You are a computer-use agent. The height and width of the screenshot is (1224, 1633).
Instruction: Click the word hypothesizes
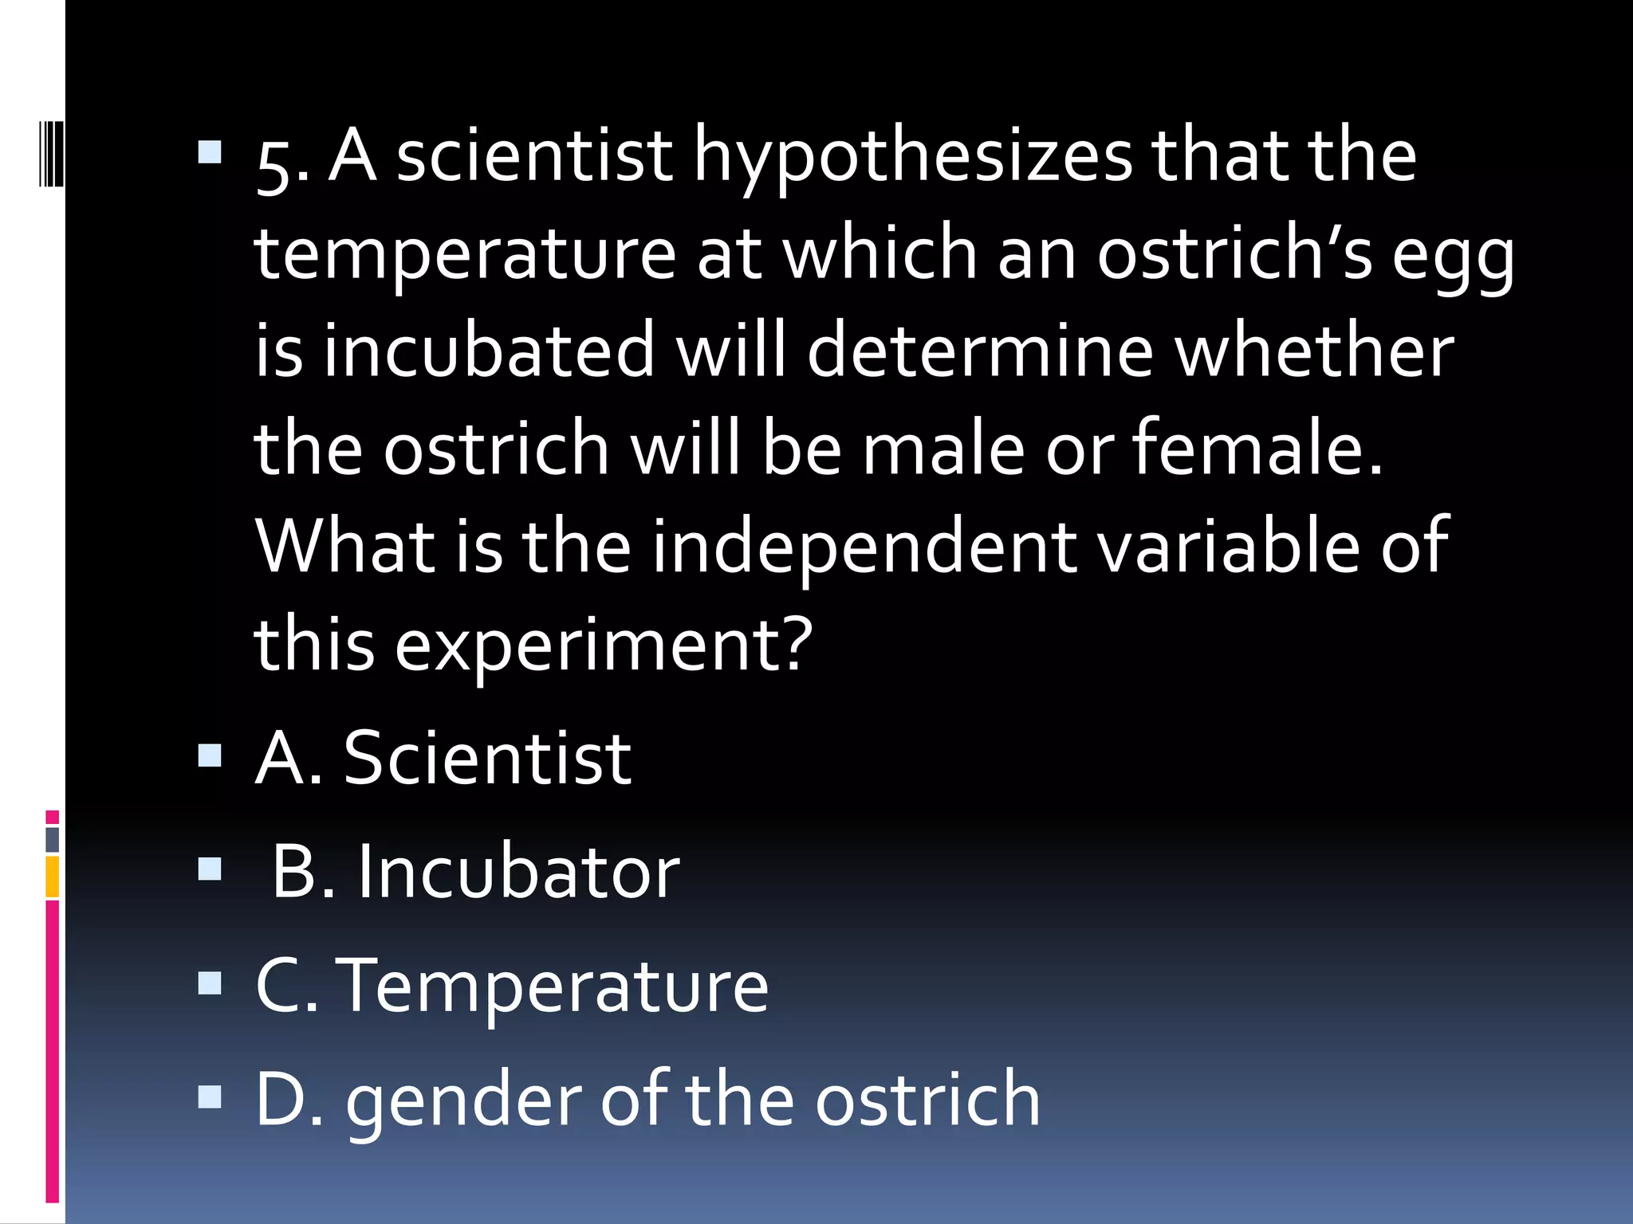(x=912, y=158)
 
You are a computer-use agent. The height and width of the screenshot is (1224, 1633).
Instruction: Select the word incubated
(x=488, y=351)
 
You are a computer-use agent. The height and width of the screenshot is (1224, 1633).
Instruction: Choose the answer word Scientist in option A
(x=487, y=759)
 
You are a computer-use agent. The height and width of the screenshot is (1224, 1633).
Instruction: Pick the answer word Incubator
(x=517, y=873)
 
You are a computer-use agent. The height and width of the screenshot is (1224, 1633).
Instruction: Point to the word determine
(x=980, y=351)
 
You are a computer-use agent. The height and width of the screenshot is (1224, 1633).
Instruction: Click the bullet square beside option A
(x=210, y=755)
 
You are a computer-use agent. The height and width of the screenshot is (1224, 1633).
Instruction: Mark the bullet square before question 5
(x=210, y=152)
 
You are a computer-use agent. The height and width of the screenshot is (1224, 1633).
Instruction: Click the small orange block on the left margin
(x=53, y=877)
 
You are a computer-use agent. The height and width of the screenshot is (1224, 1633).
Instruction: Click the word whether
(x=1315, y=351)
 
